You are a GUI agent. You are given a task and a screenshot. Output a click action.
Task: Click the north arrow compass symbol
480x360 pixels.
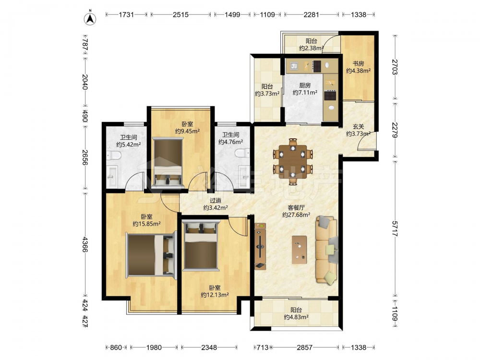[90, 18]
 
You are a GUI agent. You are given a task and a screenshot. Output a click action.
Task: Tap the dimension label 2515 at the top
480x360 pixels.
[180, 14]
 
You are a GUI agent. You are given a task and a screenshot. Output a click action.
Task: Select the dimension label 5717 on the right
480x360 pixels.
[395, 228]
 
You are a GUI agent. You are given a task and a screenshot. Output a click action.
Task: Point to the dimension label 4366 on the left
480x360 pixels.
[85, 244]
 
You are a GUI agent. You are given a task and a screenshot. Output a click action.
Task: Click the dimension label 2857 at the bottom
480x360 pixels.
[305, 348]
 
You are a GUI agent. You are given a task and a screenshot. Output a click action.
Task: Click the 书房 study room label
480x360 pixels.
[358, 64]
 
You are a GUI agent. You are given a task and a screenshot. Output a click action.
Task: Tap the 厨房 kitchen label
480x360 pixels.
[305, 85]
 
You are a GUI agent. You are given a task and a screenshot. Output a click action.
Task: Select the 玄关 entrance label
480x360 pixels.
[358, 127]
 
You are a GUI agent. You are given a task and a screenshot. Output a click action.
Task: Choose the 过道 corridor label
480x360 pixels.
[216, 201]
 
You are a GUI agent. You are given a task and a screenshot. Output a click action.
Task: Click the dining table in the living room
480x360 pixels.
[293, 162]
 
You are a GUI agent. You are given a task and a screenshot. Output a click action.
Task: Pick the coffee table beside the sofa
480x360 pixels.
[300, 250]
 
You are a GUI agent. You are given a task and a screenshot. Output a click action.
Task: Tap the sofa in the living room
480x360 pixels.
[327, 250]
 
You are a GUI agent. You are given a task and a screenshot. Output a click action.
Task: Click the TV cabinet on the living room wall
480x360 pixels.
[260, 246]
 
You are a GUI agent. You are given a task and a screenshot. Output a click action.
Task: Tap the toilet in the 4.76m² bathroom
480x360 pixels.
[243, 153]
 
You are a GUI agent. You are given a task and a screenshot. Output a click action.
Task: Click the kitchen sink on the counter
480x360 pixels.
[294, 66]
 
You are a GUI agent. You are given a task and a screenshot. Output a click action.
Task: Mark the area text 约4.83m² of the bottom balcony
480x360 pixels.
[296, 317]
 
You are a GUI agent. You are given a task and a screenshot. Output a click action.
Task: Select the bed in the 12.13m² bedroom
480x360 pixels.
[201, 246]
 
